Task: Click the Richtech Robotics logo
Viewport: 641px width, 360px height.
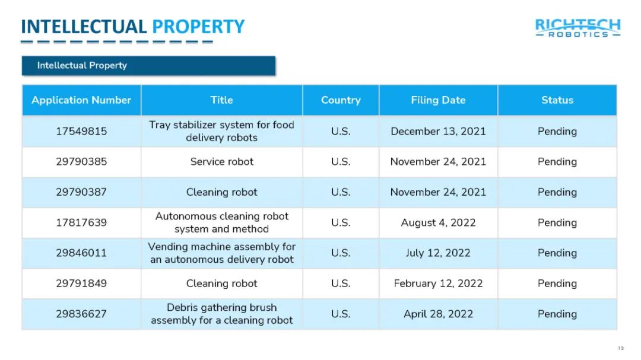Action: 577,28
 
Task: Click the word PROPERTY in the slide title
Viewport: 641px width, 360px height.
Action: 198,27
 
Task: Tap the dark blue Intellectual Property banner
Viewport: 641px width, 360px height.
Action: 148,66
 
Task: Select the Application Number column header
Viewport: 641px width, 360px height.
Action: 81,100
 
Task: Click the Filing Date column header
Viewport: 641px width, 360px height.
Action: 438,100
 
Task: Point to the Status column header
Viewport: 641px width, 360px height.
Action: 557,100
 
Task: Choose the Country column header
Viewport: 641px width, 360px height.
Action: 341,100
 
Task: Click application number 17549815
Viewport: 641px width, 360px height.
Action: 81,131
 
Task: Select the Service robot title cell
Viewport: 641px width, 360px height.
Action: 221,161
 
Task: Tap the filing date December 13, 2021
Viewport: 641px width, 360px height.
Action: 438,131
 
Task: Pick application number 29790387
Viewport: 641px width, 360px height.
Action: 81,192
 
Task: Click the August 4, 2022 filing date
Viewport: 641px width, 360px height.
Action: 438,222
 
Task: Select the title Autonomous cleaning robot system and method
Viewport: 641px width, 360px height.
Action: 221,222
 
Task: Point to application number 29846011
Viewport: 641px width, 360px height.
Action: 81,253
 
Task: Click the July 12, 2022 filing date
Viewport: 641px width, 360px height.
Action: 438,253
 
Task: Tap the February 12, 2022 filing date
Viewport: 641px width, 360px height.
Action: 438,283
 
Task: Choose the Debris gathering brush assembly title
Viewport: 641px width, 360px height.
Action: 221,314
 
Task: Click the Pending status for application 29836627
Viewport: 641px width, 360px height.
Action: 557,314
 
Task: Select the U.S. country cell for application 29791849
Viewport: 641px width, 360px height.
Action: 341,283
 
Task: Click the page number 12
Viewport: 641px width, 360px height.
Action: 621,348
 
